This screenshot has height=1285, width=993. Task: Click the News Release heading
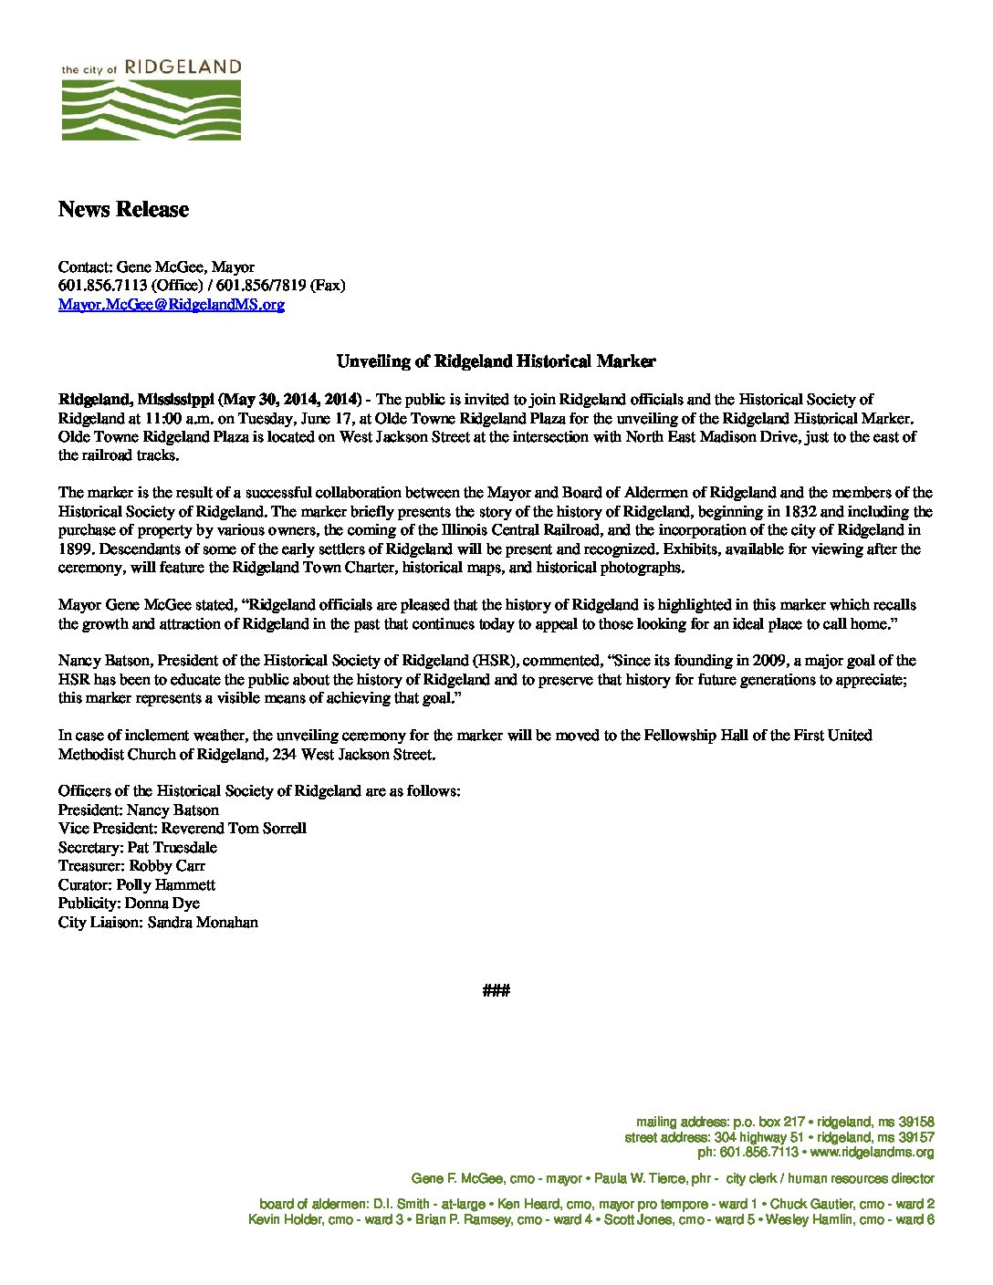tap(123, 209)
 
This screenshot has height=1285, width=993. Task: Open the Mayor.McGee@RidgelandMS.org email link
tap(172, 305)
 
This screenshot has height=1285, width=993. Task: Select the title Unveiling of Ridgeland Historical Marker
tap(496, 361)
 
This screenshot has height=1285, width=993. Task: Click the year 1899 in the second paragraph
tap(75, 549)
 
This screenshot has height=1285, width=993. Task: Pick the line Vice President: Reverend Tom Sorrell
tap(183, 829)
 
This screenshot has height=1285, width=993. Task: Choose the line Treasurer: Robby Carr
tap(131, 866)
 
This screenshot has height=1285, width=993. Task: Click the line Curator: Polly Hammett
tap(137, 885)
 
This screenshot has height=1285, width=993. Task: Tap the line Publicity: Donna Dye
tap(129, 904)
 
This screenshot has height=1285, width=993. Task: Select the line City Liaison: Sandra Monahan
tap(158, 923)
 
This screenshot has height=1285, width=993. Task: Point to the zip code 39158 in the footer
tap(915, 1122)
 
